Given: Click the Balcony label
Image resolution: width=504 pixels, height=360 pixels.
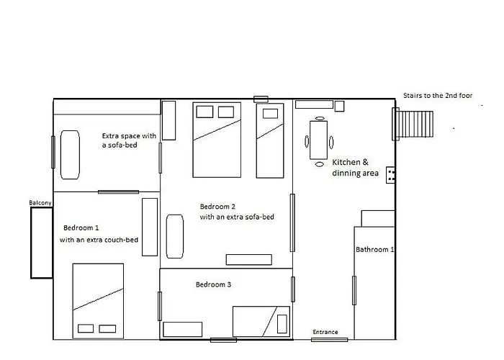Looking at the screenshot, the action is (x=40, y=203).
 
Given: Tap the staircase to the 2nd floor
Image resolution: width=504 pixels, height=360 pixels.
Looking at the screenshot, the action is (x=413, y=124).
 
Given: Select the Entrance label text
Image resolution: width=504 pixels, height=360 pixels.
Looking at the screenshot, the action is (x=325, y=332).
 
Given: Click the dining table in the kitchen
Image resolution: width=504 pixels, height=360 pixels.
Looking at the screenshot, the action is (x=318, y=140).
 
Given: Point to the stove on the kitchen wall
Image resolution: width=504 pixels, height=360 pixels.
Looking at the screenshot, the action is (x=390, y=175).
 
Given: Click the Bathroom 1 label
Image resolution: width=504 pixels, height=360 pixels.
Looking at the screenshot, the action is (x=375, y=249).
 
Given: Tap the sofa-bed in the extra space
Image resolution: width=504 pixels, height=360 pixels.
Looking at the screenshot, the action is (x=70, y=155).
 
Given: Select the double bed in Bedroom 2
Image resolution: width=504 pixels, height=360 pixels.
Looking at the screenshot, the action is (x=217, y=140).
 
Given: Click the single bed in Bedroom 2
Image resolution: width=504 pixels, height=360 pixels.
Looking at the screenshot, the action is (x=270, y=140).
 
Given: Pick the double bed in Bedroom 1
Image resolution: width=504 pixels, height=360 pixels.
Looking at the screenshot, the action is (x=98, y=301).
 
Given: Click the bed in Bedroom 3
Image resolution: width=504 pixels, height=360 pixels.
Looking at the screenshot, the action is (x=261, y=321).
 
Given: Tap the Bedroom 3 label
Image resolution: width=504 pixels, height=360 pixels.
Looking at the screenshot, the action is (x=213, y=284).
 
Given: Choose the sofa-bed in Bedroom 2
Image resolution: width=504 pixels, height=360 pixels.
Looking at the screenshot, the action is (x=175, y=236).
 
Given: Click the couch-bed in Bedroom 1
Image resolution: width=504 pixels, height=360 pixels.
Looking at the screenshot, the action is (x=150, y=227).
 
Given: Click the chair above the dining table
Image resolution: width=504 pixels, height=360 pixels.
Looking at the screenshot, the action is (x=320, y=118).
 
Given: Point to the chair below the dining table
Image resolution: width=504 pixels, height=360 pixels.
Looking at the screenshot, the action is (x=320, y=164).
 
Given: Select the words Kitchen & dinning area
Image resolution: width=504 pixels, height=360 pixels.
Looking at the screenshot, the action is (x=355, y=168).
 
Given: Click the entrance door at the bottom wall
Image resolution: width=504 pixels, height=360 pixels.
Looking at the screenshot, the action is (x=329, y=340).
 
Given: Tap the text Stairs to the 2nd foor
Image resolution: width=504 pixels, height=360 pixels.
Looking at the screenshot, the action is (x=438, y=96).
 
